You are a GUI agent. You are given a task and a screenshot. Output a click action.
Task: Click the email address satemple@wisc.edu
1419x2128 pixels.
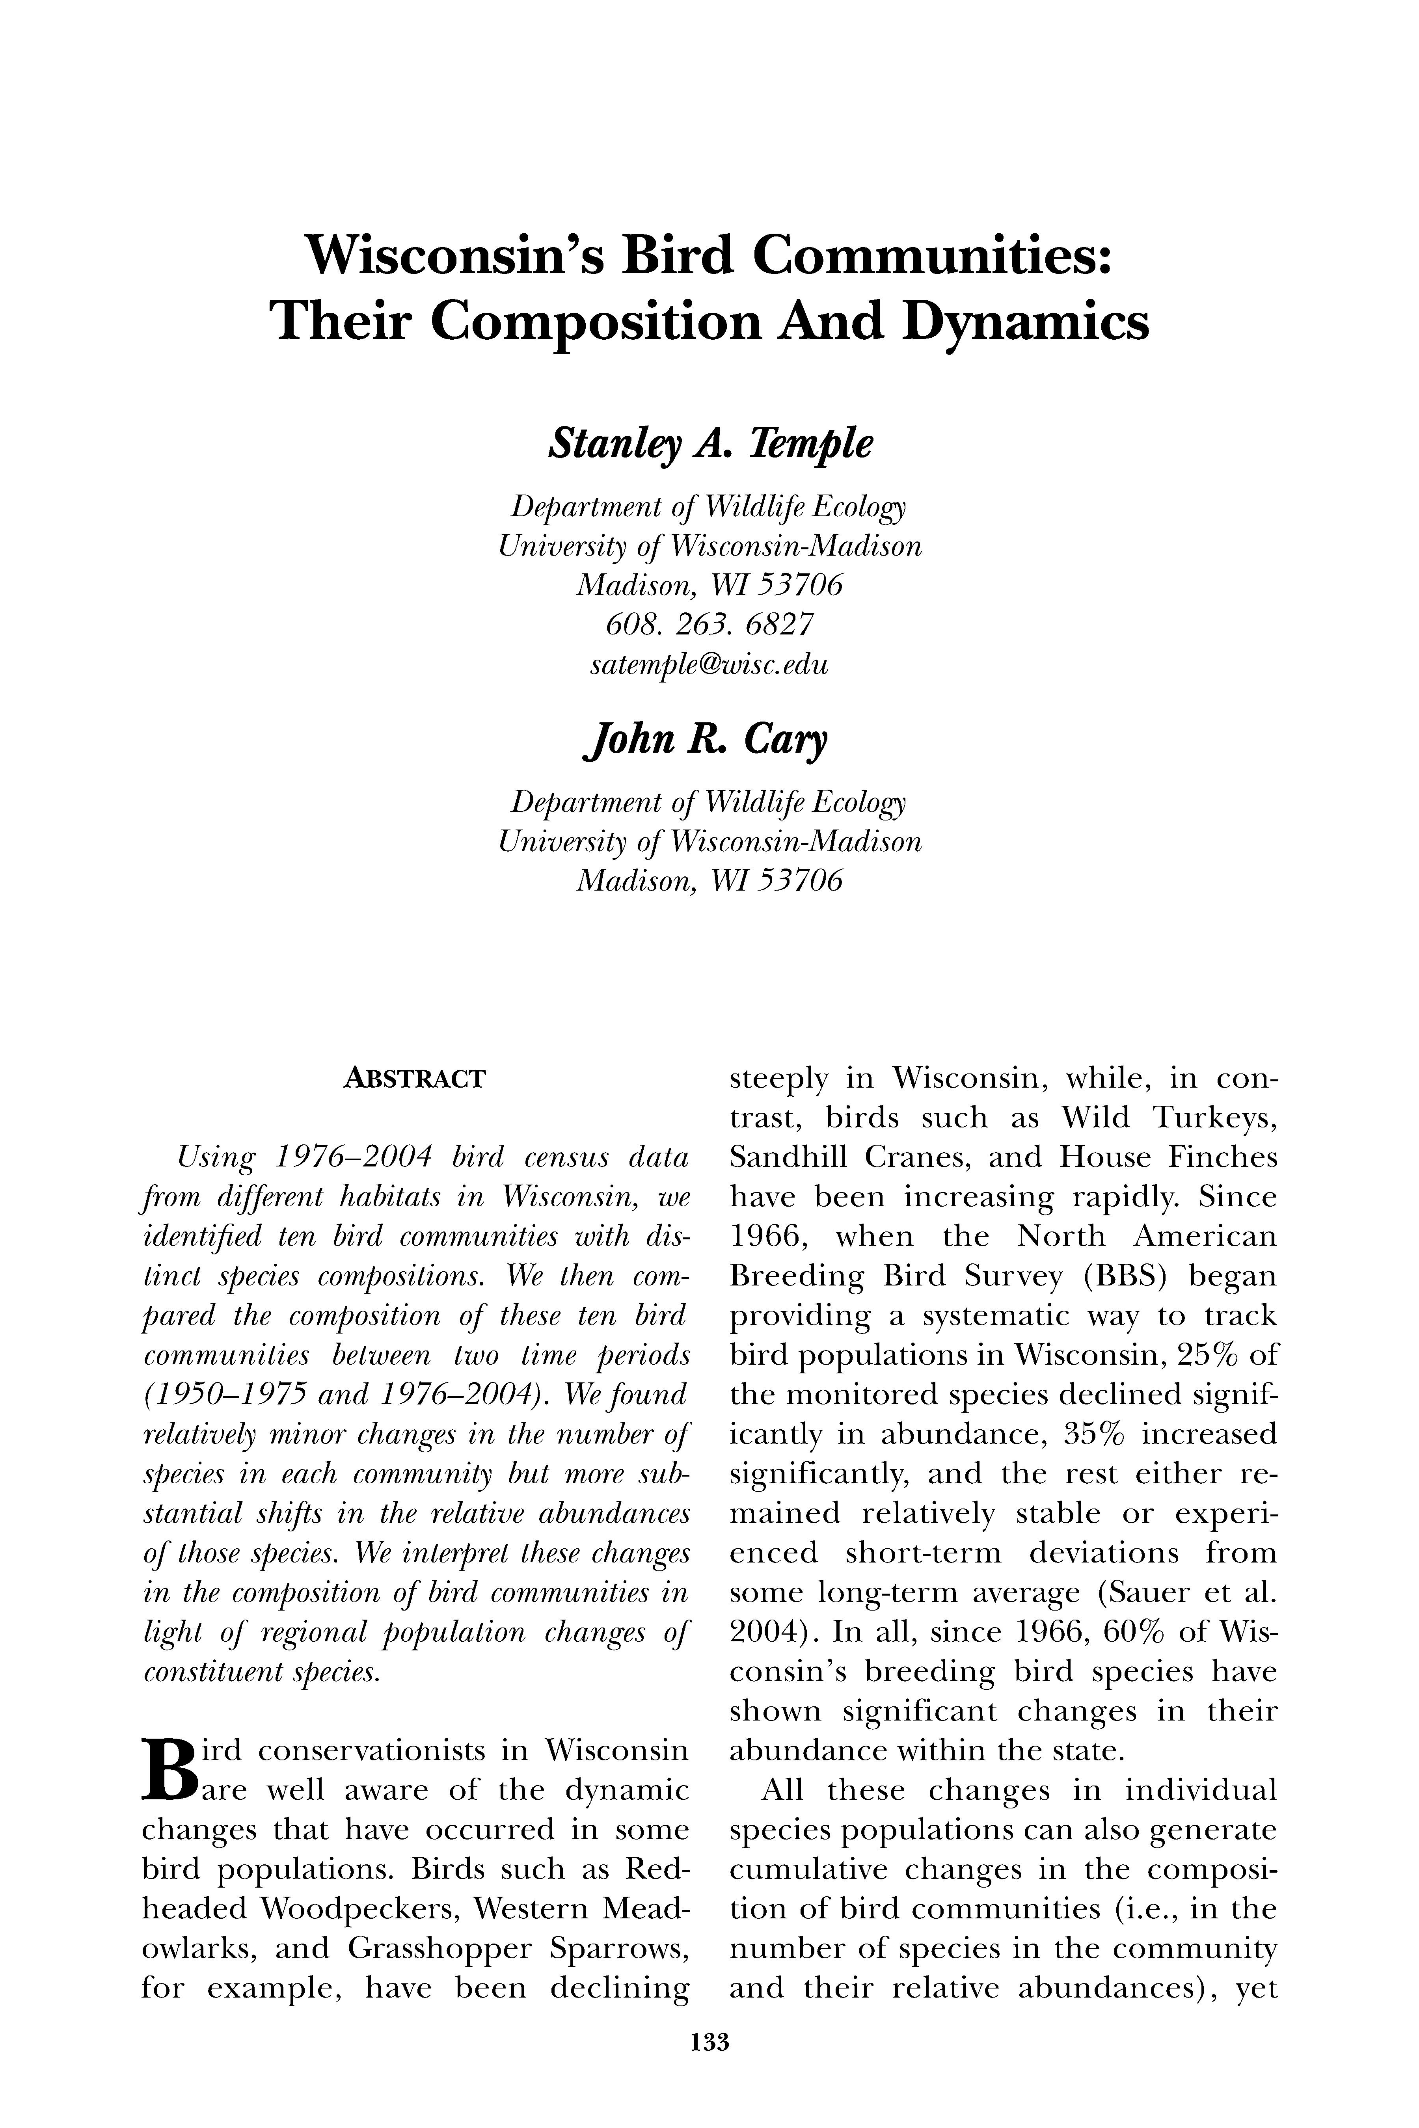(709, 665)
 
